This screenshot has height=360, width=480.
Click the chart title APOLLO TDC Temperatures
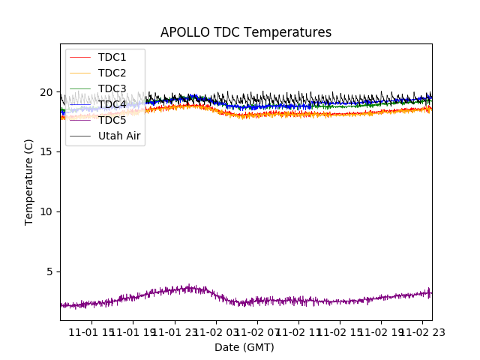coord(246,32)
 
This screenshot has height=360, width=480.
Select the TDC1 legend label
coord(112,57)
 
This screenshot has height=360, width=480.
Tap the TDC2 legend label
coord(112,73)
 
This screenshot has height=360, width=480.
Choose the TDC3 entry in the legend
coord(112,88)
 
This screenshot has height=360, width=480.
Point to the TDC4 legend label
coord(112,104)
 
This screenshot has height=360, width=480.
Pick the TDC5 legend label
coord(112,120)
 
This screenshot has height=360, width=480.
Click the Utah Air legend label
coord(119,136)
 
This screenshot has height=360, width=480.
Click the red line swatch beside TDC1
coord(80,57)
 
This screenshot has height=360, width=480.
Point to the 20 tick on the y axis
coord(46,92)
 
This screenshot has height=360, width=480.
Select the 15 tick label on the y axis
coord(46,152)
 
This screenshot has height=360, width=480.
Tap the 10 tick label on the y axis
coord(46,211)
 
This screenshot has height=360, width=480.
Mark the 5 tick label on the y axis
coord(49,271)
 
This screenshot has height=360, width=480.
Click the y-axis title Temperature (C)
coord(29,181)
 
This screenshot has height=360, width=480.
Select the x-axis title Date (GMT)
coord(244,347)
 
